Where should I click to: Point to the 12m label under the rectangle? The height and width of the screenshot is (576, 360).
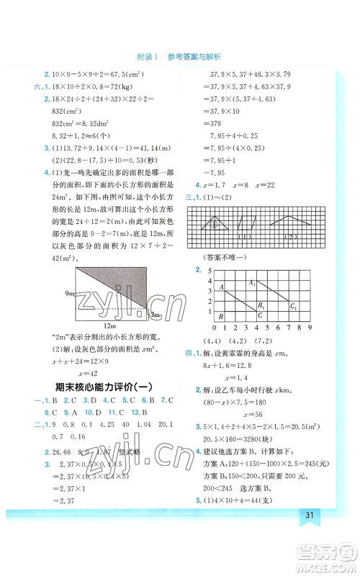click(x=111, y=326)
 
